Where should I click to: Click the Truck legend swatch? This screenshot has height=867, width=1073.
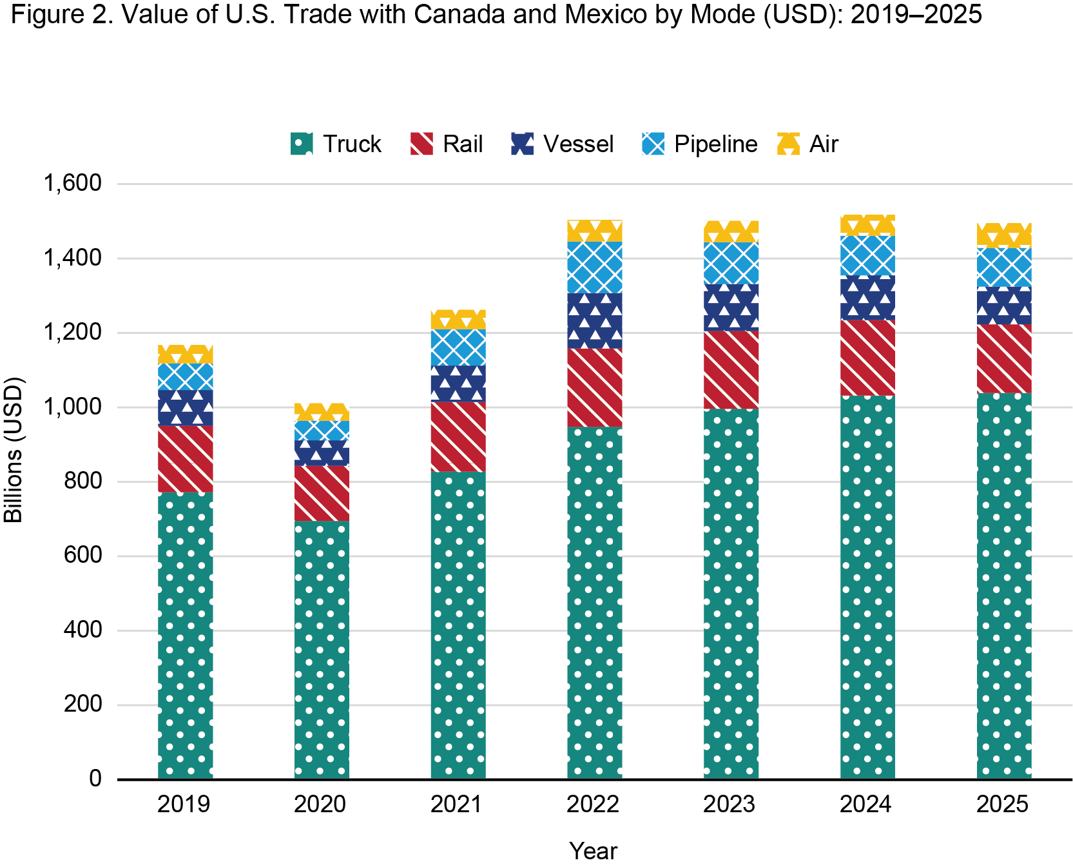(x=302, y=144)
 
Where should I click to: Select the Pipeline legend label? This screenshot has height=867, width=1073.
(x=715, y=144)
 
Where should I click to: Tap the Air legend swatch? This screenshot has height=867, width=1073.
(x=788, y=144)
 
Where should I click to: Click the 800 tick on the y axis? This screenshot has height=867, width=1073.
(x=83, y=482)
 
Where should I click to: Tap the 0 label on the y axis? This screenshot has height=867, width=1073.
(x=95, y=779)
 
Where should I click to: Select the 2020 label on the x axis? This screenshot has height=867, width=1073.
(x=320, y=804)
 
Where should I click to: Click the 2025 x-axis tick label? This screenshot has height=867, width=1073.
(x=1003, y=804)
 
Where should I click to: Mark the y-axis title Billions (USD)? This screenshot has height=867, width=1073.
(x=14, y=449)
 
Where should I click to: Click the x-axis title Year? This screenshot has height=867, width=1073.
(x=593, y=852)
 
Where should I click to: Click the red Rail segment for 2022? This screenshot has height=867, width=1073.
(x=594, y=387)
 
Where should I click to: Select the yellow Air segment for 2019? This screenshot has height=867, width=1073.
(x=185, y=355)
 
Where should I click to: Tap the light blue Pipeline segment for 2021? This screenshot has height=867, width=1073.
(x=458, y=347)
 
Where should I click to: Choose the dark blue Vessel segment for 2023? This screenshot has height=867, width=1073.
(x=731, y=307)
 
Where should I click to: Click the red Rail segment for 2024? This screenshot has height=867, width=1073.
(x=867, y=357)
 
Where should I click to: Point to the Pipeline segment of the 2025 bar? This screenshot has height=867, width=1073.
(x=1003, y=267)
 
